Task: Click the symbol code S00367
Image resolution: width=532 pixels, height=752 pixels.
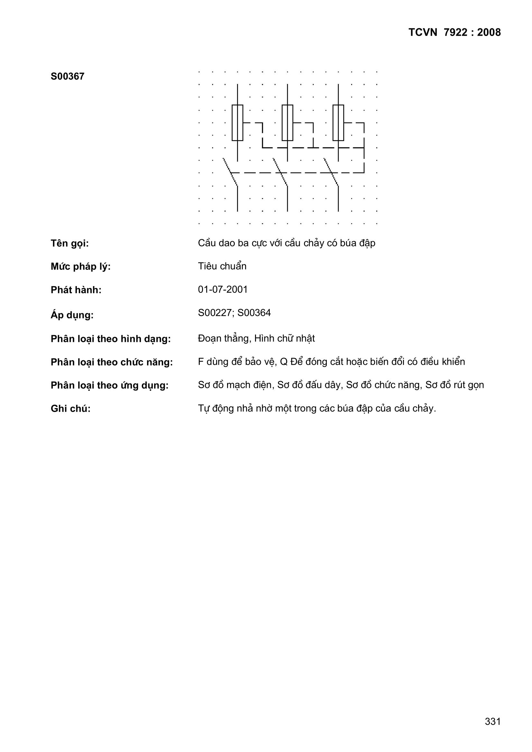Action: tap(68, 76)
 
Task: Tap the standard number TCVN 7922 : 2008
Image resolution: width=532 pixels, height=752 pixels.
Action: tap(454, 32)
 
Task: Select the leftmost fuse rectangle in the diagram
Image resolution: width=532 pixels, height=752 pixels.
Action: tap(237, 123)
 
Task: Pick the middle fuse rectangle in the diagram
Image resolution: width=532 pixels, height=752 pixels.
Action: tap(287, 123)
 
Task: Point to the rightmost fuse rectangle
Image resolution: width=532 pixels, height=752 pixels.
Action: tap(338, 123)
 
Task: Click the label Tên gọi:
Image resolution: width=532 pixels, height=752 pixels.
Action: tap(70, 244)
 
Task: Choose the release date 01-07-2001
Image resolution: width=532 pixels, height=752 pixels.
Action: tap(223, 289)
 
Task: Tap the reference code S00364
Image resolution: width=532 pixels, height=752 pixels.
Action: tap(254, 313)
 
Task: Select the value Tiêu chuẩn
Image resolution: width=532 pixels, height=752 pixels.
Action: tap(222, 266)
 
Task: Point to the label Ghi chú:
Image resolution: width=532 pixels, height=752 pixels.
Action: tap(70, 409)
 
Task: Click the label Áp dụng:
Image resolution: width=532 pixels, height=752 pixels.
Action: tap(72, 315)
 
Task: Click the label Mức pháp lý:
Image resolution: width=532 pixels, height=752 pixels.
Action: tap(81, 267)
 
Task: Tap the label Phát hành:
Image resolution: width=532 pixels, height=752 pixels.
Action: tap(76, 290)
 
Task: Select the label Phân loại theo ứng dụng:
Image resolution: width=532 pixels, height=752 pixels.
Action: tap(109, 386)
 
